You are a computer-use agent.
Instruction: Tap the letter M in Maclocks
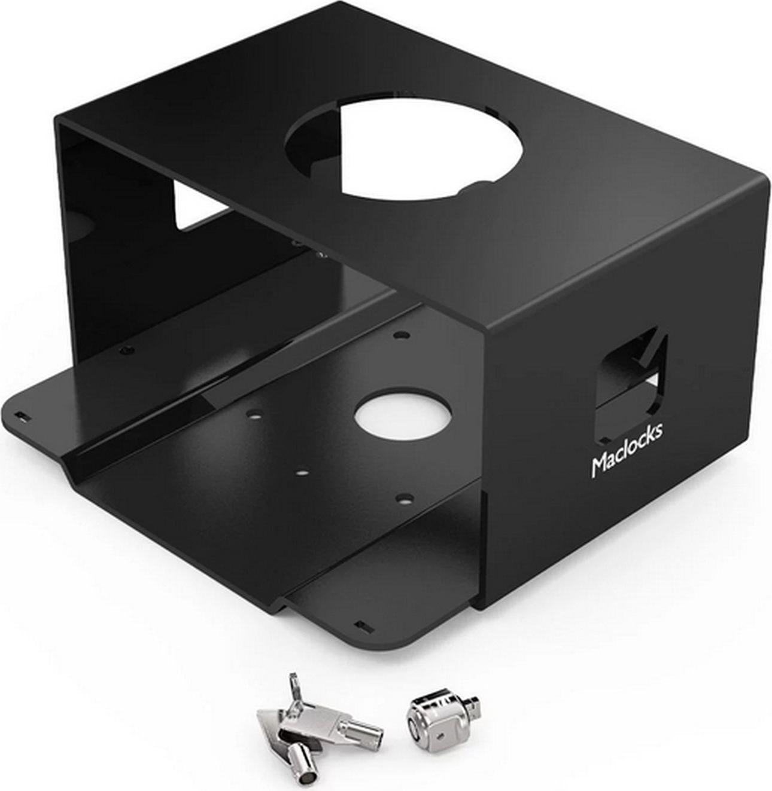(x=599, y=465)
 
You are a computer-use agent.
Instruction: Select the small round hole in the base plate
(x=403, y=419)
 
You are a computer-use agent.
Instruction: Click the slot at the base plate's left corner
(x=21, y=416)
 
